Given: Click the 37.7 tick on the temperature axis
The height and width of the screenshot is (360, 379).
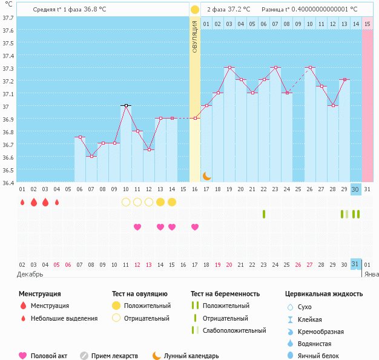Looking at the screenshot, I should (8, 18).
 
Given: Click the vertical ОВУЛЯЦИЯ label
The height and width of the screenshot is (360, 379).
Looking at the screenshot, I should (195, 36).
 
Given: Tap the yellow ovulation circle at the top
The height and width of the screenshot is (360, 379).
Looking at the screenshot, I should (195, 10).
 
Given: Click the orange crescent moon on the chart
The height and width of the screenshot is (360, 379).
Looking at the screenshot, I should (206, 175).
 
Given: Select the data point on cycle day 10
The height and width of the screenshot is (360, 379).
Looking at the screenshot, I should (126, 105).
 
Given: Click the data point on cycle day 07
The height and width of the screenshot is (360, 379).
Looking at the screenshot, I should (91, 156).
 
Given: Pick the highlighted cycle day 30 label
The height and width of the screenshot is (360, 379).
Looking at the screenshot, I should (356, 189).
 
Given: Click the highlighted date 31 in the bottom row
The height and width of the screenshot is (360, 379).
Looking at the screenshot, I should (356, 264).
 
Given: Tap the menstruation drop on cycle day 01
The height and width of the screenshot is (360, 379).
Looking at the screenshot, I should (22, 202).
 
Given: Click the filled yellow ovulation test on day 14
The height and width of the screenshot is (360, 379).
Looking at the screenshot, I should (160, 202).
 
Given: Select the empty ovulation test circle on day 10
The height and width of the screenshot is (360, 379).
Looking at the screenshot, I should (126, 202).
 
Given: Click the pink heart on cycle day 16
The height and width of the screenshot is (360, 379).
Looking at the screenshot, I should (195, 227).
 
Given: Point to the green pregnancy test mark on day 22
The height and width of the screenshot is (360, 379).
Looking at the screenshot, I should (264, 214).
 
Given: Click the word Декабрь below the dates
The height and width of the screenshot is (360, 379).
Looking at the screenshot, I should (30, 274).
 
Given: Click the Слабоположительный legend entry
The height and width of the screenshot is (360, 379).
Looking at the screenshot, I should (233, 330).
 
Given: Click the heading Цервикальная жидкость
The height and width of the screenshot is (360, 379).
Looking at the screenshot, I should (324, 294).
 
